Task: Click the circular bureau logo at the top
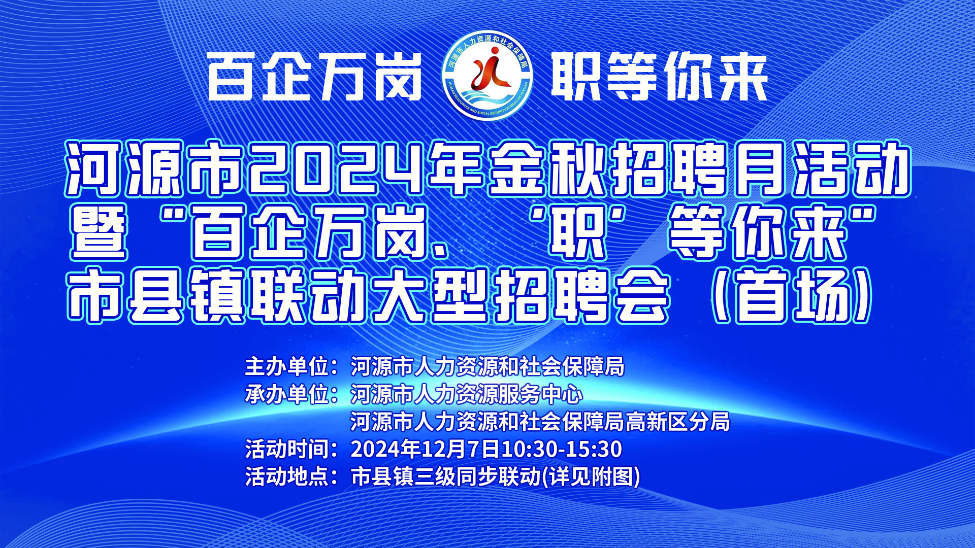click(488, 76)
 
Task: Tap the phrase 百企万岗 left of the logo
click(315, 77)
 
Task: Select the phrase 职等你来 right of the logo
click(659, 77)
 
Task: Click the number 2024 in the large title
click(336, 169)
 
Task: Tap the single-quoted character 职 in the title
click(578, 233)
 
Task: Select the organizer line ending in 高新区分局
click(540, 422)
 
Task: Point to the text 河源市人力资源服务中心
click(466, 394)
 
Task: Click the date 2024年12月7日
click(426, 449)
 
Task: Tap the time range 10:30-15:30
click(562, 449)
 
